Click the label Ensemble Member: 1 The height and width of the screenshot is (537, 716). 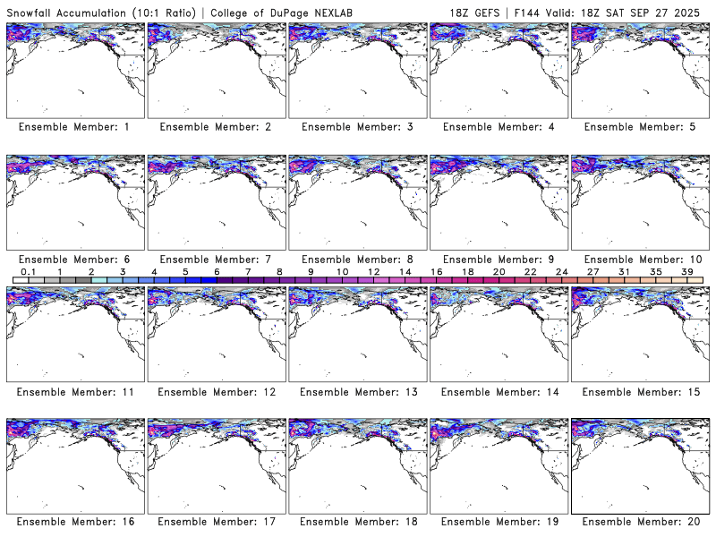click(x=73, y=127)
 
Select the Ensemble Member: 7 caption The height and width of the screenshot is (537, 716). click(x=215, y=260)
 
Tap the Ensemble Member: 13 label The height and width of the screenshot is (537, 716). click(x=356, y=392)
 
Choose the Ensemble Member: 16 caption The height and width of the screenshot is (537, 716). click(x=73, y=522)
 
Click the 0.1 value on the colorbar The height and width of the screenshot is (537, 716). click(x=28, y=271)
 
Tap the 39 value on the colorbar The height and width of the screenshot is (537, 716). click(x=686, y=271)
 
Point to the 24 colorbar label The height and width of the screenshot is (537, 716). click(x=561, y=271)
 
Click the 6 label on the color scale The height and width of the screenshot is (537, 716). click(x=217, y=271)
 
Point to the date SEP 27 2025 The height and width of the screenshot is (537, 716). click(x=667, y=10)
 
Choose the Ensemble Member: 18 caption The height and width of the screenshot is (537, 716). click(x=356, y=522)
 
